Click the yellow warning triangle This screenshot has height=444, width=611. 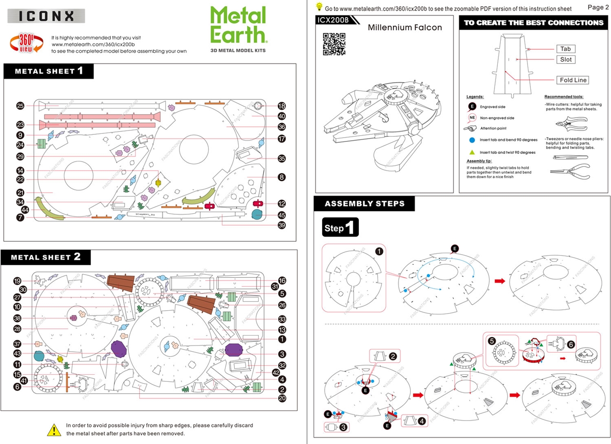coord(54,429)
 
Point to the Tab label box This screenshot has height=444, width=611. coord(566,49)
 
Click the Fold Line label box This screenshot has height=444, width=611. coord(572,80)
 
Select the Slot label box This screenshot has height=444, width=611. coord(566,60)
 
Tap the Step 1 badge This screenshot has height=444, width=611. coord(340,227)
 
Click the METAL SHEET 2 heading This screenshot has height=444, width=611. coord(46,257)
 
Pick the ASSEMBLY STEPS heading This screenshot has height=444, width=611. coord(364,204)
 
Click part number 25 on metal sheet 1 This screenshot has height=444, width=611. coord(20,106)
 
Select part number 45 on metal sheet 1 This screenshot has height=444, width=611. coord(282,215)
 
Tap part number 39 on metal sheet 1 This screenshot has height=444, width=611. coord(282,225)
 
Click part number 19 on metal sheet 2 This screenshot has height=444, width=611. coord(17,281)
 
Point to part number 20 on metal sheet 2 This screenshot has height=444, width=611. coord(282,398)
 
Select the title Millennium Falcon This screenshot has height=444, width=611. coord(405,27)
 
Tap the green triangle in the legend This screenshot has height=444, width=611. coord(472,152)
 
